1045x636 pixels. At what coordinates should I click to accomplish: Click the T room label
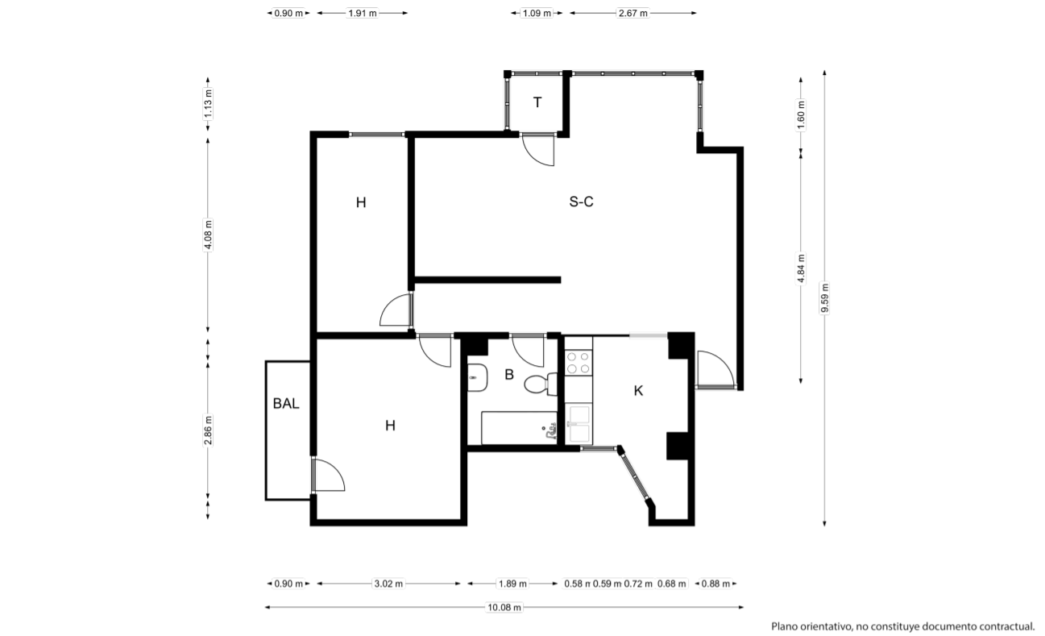(x=537, y=102)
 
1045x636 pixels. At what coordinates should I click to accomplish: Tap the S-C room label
(x=581, y=202)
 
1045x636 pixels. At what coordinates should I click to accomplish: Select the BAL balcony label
(x=286, y=404)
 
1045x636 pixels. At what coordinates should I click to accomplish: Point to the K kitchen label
(x=638, y=391)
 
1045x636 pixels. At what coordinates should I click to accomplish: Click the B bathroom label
(x=509, y=374)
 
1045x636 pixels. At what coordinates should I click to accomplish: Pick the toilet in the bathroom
(x=541, y=384)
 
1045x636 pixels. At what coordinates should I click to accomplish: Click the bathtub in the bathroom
(x=519, y=428)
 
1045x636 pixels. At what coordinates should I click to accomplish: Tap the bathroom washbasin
(x=478, y=377)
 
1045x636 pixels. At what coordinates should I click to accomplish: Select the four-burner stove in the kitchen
(x=578, y=363)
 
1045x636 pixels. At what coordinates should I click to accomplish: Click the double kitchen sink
(x=579, y=424)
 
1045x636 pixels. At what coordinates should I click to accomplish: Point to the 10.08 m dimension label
(x=504, y=608)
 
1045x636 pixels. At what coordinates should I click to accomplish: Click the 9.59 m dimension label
(x=825, y=298)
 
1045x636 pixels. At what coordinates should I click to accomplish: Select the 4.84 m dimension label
(x=801, y=268)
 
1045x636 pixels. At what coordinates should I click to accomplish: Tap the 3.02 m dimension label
(x=388, y=584)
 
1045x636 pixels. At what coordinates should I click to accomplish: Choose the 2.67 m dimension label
(x=633, y=13)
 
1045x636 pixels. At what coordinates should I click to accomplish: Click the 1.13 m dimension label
(x=208, y=104)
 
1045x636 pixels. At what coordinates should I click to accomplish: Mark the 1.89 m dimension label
(x=512, y=584)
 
